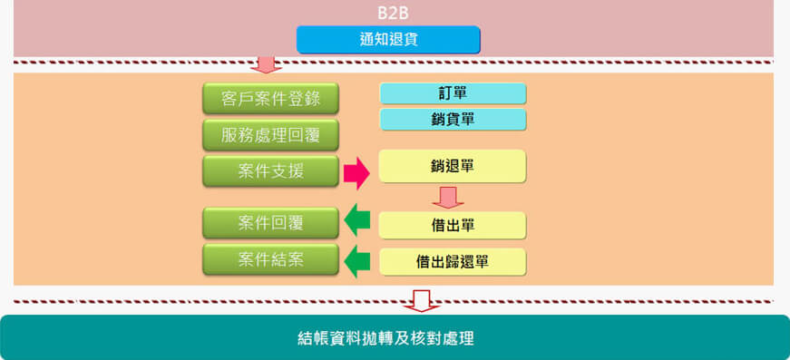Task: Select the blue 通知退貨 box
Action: coord(388,39)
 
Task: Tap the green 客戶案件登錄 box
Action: coord(270,98)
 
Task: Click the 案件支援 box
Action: coord(270,170)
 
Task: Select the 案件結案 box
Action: coord(270,259)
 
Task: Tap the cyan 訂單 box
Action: coord(453,93)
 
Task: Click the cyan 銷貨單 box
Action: coord(453,119)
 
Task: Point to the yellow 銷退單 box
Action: coord(453,166)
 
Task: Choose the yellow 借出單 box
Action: coord(453,225)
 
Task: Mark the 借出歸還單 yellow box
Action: coord(453,261)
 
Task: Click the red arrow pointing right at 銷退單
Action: coord(356,171)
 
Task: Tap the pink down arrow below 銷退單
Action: coord(447,197)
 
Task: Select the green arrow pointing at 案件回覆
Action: coord(356,219)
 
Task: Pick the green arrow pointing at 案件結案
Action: coord(356,261)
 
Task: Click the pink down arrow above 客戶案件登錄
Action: coord(266,63)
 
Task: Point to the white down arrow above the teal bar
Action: coord(420,300)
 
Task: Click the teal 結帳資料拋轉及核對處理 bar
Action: coord(395,338)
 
